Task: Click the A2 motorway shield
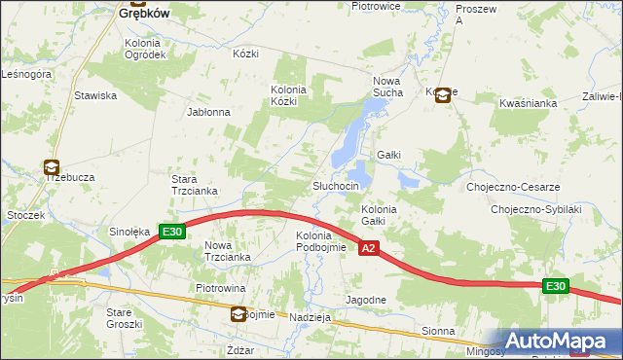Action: [368, 250]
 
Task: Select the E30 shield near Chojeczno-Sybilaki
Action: [555, 286]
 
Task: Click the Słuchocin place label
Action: [336, 186]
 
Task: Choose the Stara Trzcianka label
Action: [196, 185]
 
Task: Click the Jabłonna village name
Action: [208, 112]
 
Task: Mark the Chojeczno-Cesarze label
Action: [513, 187]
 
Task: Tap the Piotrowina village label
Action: [220, 289]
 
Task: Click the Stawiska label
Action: [95, 95]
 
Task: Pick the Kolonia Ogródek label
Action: [145, 49]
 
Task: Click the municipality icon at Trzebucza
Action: [51, 167]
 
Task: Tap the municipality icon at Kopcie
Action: [443, 94]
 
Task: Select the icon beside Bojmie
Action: [238, 314]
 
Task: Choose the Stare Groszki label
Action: [125, 317]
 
